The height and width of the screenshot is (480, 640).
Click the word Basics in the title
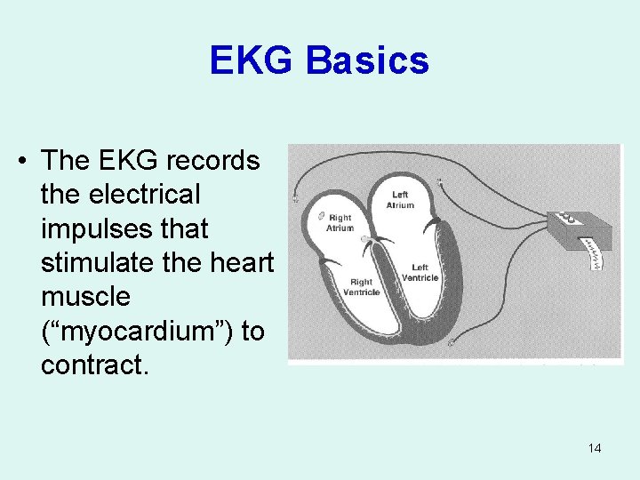coord(366,61)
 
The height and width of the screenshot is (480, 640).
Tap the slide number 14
coord(594,448)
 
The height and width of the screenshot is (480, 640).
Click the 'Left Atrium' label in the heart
coord(401,200)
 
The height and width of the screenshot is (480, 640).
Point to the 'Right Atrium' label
coord(340,222)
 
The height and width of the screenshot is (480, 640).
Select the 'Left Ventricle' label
coord(420,273)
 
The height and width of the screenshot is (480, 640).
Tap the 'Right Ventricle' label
coord(361,286)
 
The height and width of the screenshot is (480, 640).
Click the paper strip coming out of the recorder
coord(594,260)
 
